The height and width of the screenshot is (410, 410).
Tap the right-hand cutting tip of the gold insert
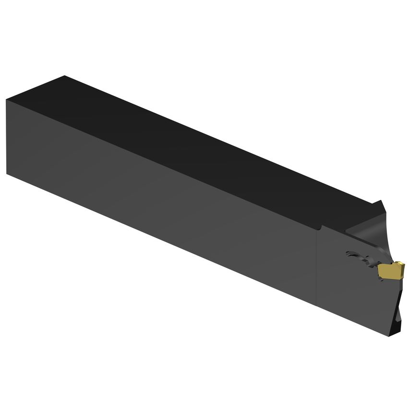pyautogui.click(x=403, y=265)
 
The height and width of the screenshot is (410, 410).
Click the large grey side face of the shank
pyautogui.click(x=158, y=202)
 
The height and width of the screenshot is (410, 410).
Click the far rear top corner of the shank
pyautogui.click(x=64, y=76)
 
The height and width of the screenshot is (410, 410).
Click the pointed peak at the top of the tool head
pyautogui.click(x=382, y=202)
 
